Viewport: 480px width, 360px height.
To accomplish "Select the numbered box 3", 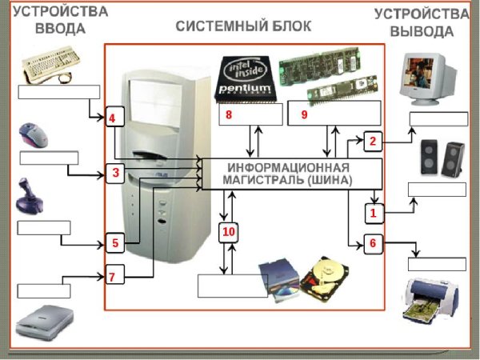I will click(x=115, y=172).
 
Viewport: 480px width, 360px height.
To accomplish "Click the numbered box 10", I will click(x=228, y=233).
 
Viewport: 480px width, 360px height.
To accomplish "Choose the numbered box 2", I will click(x=372, y=141).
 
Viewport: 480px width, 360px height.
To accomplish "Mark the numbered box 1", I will click(x=372, y=213).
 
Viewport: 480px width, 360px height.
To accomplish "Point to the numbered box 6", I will click(x=372, y=243).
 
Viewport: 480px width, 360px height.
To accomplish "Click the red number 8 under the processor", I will click(x=229, y=115).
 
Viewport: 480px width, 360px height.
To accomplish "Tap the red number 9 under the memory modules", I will click(x=304, y=115).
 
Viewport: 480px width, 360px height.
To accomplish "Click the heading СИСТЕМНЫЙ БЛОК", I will click(x=244, y=26).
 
